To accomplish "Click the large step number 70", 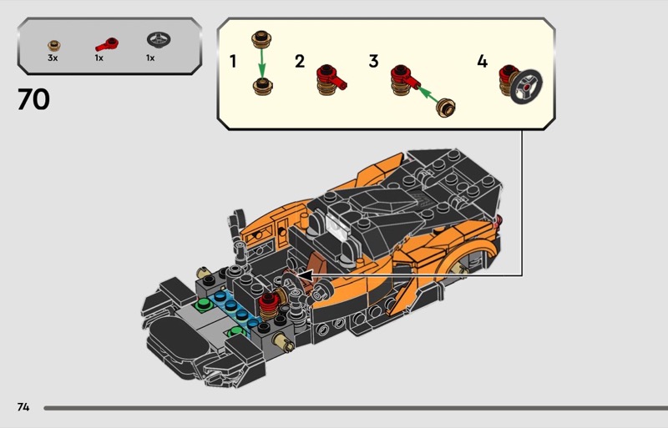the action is click(33, 99).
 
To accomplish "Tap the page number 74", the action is click(23, 407).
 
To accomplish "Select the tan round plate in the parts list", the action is click(54, 45).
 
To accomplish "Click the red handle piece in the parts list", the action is click(107, 44).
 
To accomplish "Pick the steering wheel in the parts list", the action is click(159, 40).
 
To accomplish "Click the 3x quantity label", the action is click(53, 58).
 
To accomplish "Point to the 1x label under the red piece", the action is click(99, 58).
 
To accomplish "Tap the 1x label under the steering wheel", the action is click(150, 58).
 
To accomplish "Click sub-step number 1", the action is click(233, 62).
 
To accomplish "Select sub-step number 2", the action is click(300, 62).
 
